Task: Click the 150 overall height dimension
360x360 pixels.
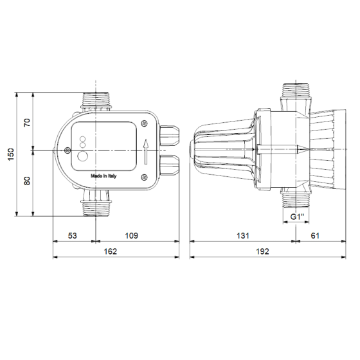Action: pyautogui.click(x=11, y=154)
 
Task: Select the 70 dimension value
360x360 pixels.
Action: pyautogui.click(x=27, y=123)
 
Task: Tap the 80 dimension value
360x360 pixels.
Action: pyautogui.click(x=27, y=181)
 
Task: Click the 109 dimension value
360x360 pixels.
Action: pyautogui.click(x=131, y=236)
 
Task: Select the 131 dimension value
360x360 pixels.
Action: pyautogui.click(x=242, y=236)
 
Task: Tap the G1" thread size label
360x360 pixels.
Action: pyautogui.click(x=296, y=217)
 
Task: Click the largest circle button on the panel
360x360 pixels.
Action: pyautogui.click(x=84, y=155)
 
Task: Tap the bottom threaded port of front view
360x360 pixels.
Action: pyautogui.click(x=96, y=206)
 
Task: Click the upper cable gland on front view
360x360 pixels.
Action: pyautogui.click(x=170, y=136)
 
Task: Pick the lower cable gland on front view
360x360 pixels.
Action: pyautogui.click(x=170, y=165)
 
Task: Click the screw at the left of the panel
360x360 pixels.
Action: pyautogui.click(x=68, y=151)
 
